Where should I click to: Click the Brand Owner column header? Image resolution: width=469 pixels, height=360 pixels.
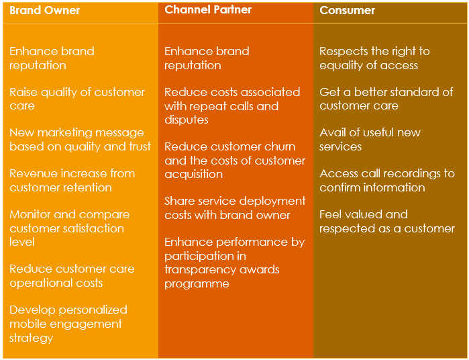coord(44,11)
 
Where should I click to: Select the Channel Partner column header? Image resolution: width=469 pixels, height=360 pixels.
coord(208,10)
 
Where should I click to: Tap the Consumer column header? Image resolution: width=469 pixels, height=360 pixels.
coord(347,11)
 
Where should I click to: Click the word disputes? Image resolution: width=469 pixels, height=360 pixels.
coord(187,120)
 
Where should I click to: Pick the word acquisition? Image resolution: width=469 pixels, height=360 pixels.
coord(193,175)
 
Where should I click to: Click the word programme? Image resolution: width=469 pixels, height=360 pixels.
coord(197,284)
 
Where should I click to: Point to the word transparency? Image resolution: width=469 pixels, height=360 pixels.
coord(199,270)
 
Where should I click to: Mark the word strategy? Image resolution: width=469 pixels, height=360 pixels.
coord(31,338)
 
